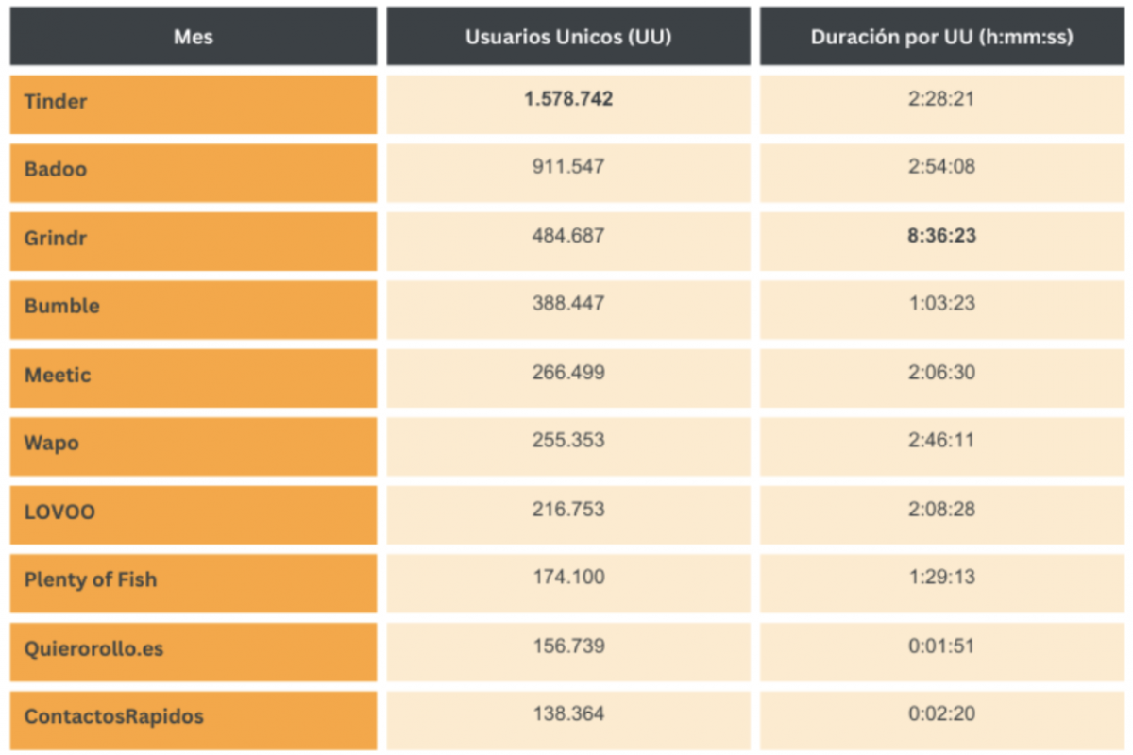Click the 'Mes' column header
click(x=193, y=37)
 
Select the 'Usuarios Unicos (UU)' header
click(x=568, y=37)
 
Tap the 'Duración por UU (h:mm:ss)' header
click(x=941, y=37)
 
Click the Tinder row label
click(x=56, y=102)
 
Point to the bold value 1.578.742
click(x=568, y=99)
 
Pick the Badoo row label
click(x=56, y=170)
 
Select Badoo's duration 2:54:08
click(x=941, y=167)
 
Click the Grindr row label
click(x=56, y=239)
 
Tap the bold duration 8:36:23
click(x=941, y=236)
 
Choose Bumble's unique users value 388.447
click(x=568, y=304)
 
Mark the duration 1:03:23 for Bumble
click(x=941, y=304)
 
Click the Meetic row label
click(x=58, y=376)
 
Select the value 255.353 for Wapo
click(x=568, y=441)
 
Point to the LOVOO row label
click(x=59, y=512)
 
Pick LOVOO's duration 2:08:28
click(x=941, y=510)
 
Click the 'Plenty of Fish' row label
click(x=91, y=580)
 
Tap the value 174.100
click(x=568, y=578)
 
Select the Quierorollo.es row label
click(x=93, y=649)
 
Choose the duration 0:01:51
click(x=941, y=646)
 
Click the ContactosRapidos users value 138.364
click(x=568, y=714)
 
